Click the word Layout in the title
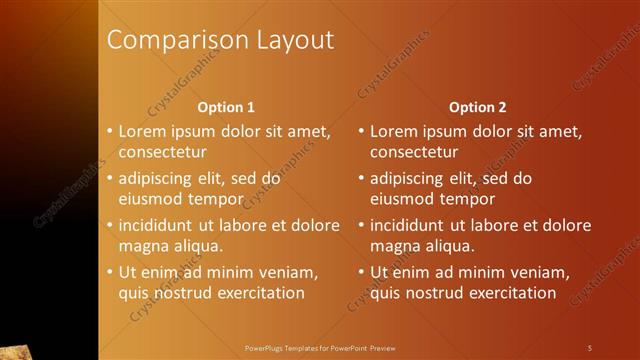288,41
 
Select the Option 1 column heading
226,107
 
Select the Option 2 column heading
477,107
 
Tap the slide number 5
590,347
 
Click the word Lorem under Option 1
143,130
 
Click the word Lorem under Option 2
394,130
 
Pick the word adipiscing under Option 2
407,179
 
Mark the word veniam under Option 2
540,272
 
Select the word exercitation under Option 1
256,293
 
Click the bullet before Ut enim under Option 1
110,272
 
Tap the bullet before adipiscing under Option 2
361,179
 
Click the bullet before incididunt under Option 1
110,224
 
